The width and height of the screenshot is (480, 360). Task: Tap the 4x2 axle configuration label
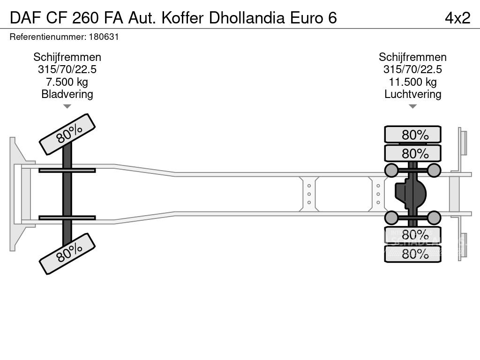click(x=457, y=18)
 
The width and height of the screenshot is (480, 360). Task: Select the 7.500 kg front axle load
click(x=67, y=82)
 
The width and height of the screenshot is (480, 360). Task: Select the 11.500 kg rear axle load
click(x=412, y=82)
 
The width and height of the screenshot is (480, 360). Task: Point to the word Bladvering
click(x=67, y=94)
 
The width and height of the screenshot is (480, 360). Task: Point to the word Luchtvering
click(x=412, y=94)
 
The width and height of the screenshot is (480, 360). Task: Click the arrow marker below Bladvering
click(x=67, y=106)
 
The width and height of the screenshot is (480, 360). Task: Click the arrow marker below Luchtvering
click(x=412, y=106)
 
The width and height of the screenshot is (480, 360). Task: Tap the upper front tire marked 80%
click(x=67, y=134)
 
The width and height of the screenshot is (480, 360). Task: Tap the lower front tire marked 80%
click(x=67, y=254)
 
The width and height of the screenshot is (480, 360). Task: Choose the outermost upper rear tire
click(x=412, y=135)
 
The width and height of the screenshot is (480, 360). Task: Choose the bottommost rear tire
click(x=412, y=254)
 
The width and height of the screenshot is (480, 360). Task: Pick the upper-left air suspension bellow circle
click(x=391, y=170)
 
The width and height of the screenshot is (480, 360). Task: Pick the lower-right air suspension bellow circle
click(x=434, y=217)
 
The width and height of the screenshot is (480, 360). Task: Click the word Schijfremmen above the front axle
click(x=67, y=57)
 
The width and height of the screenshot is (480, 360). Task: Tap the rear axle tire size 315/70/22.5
click(x=412, y=69)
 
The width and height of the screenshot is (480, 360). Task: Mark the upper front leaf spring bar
click(x=67, y=170)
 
